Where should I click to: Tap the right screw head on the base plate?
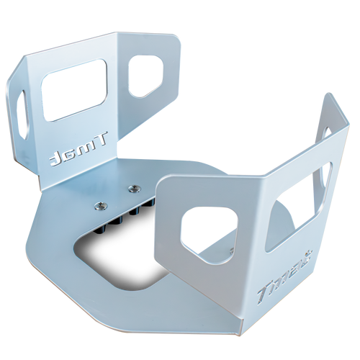(x=132, y=189)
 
